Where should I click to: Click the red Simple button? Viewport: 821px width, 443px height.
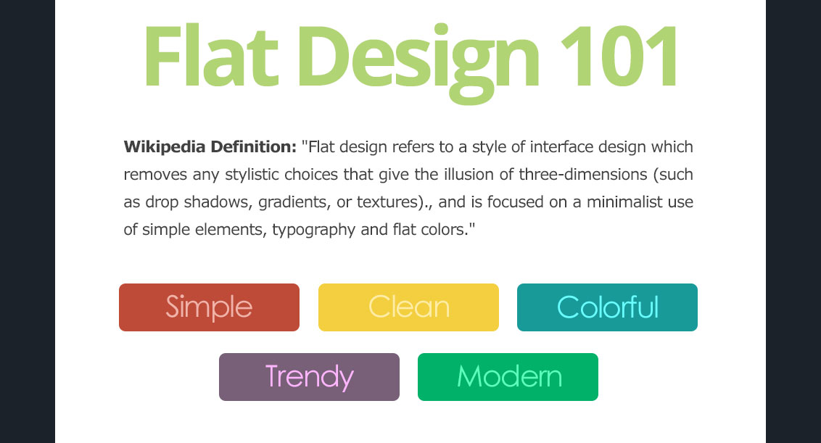point(209,307)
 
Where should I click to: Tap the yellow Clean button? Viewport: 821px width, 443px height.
point(408,307)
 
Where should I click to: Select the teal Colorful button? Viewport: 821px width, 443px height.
point(607,307)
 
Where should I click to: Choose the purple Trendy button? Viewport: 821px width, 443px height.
point(309,377)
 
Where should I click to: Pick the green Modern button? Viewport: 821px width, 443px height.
point(508,377)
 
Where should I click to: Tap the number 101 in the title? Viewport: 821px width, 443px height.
point(619,56)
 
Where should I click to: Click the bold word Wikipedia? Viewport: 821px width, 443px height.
point(165,147)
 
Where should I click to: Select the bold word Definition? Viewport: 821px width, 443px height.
point(253,146)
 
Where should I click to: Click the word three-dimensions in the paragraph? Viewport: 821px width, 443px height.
point(583,174)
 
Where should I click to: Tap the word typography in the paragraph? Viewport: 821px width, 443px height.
point(313,231)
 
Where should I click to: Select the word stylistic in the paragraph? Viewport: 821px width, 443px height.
point(252,175)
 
